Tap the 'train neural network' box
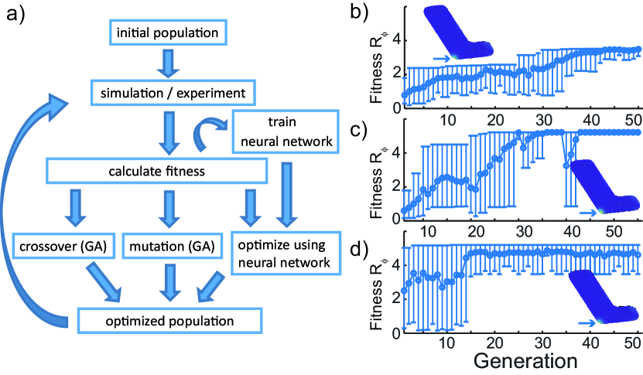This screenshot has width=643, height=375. coord(286,131)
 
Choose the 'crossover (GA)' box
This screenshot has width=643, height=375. coord(63,247)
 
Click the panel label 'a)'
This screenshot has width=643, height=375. coord(15,16)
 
